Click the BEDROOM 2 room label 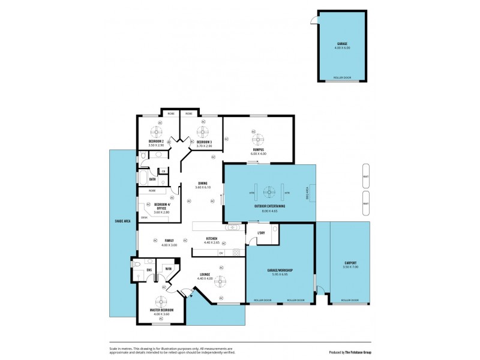[x=156, y=142]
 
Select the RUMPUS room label [x=258, y=150]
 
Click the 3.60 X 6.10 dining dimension [x=203, y=188]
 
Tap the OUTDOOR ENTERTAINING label [x=269, y=206]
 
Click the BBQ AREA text [x=307, y=193]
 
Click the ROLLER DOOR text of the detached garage [x=342, y=77]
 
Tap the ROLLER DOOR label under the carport [x=350, y=300]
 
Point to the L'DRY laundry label [x=262, y=233]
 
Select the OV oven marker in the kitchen [x=221, y=253]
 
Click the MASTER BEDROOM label [x=161, y=310]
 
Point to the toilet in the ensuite [x=136, y=264]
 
